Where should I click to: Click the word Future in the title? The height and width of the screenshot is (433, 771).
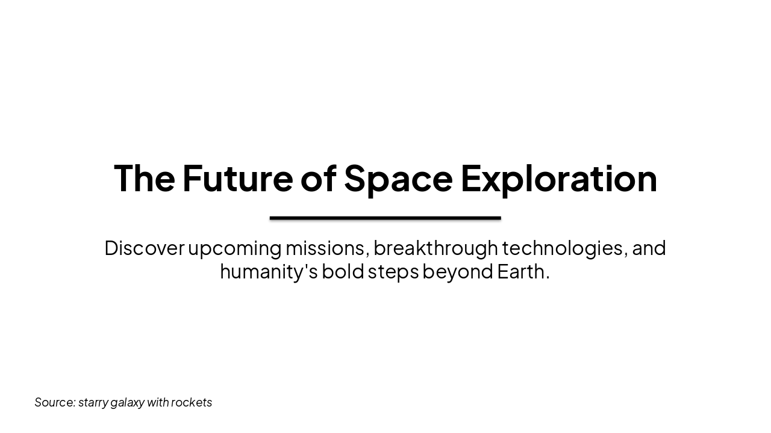tap(237, 178)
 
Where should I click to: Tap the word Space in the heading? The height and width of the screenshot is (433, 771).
tap(398, 178)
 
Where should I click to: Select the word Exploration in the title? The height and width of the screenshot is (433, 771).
tap(558, 178)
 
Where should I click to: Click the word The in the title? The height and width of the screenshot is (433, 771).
tap(144, 178)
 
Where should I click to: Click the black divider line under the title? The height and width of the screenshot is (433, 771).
tap(385, 218)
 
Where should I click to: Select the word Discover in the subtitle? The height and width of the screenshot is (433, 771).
tap(144, 248)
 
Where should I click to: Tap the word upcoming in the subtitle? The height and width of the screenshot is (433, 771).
tap(235, 248)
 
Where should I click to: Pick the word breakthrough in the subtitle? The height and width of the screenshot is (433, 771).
tap(435, 248)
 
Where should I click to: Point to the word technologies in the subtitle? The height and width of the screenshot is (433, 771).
tap(564, 248)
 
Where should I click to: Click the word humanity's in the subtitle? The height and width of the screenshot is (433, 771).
tap(269, 271)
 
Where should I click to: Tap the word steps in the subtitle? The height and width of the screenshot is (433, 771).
tap(393, 271)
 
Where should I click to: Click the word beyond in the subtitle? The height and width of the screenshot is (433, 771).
tap(458, 271)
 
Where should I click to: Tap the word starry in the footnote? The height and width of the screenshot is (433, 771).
tap(93, 402)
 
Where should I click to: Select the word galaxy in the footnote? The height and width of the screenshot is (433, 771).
tap(127, 402)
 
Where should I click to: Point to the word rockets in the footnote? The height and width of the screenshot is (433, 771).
tap(192, 402)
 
